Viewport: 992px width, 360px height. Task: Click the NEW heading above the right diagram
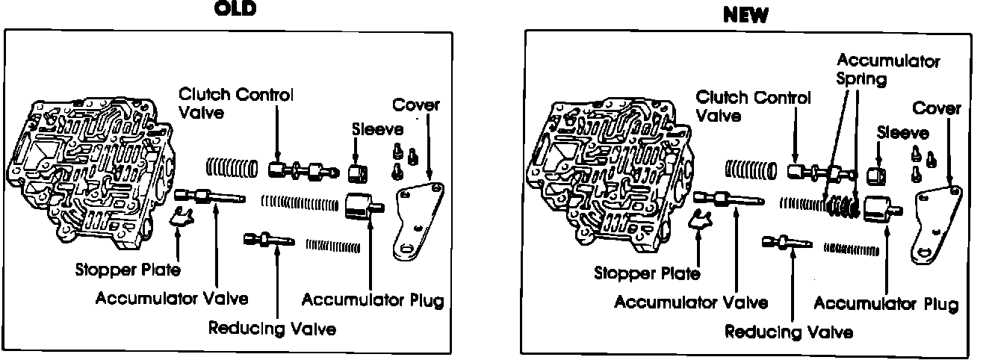pyautogui.click(x=746, y=16)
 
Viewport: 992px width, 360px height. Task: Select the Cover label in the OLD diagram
pyautogui.click(x=416, y=105)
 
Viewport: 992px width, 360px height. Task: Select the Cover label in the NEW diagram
pyautogui.click(x=937, y=109)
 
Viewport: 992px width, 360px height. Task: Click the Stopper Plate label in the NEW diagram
pyautogui.click(x=647, y=273)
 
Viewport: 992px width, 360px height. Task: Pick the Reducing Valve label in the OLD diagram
pyautogui.click(x=273, y=328)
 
